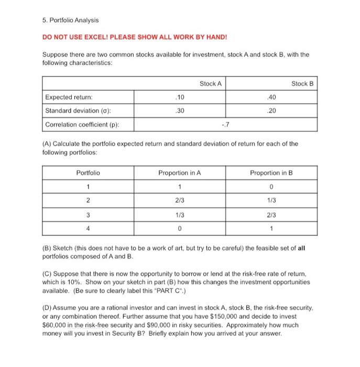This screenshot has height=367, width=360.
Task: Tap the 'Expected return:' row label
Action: pyautogui.click(x=67, y=98)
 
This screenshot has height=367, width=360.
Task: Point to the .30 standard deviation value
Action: pyautogui.click(x=180, y=111)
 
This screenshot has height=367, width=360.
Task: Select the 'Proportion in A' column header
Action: pyautogui.click(x=180, y=172)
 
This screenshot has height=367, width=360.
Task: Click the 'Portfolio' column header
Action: pyautogui.click(x=88, y=172)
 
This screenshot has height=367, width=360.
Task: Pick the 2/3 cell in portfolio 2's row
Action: pyautogui.click(x=180, y=200)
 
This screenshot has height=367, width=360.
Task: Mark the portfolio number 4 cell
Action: pyautogui.click(x=88, y=228)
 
